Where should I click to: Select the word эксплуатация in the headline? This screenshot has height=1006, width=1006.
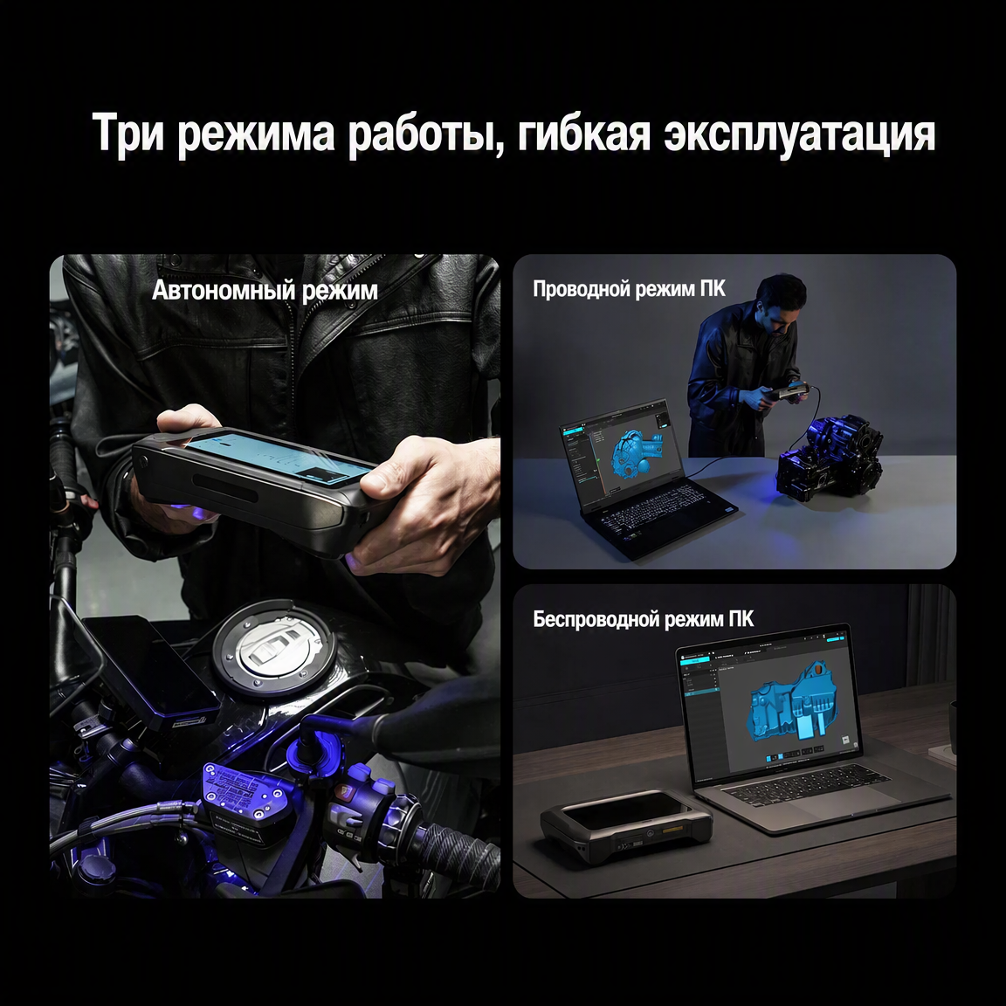[x=799, y=134]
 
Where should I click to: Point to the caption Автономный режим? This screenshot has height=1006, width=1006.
[x=265, y=290]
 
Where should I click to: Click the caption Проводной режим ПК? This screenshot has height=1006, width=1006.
[x=629, y=289]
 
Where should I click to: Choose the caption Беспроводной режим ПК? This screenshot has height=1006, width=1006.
[x=644, y=619]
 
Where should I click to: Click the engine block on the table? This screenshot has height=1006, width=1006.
[x=829, y=457]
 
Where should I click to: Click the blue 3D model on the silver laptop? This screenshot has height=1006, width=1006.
[x=796, y=703]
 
